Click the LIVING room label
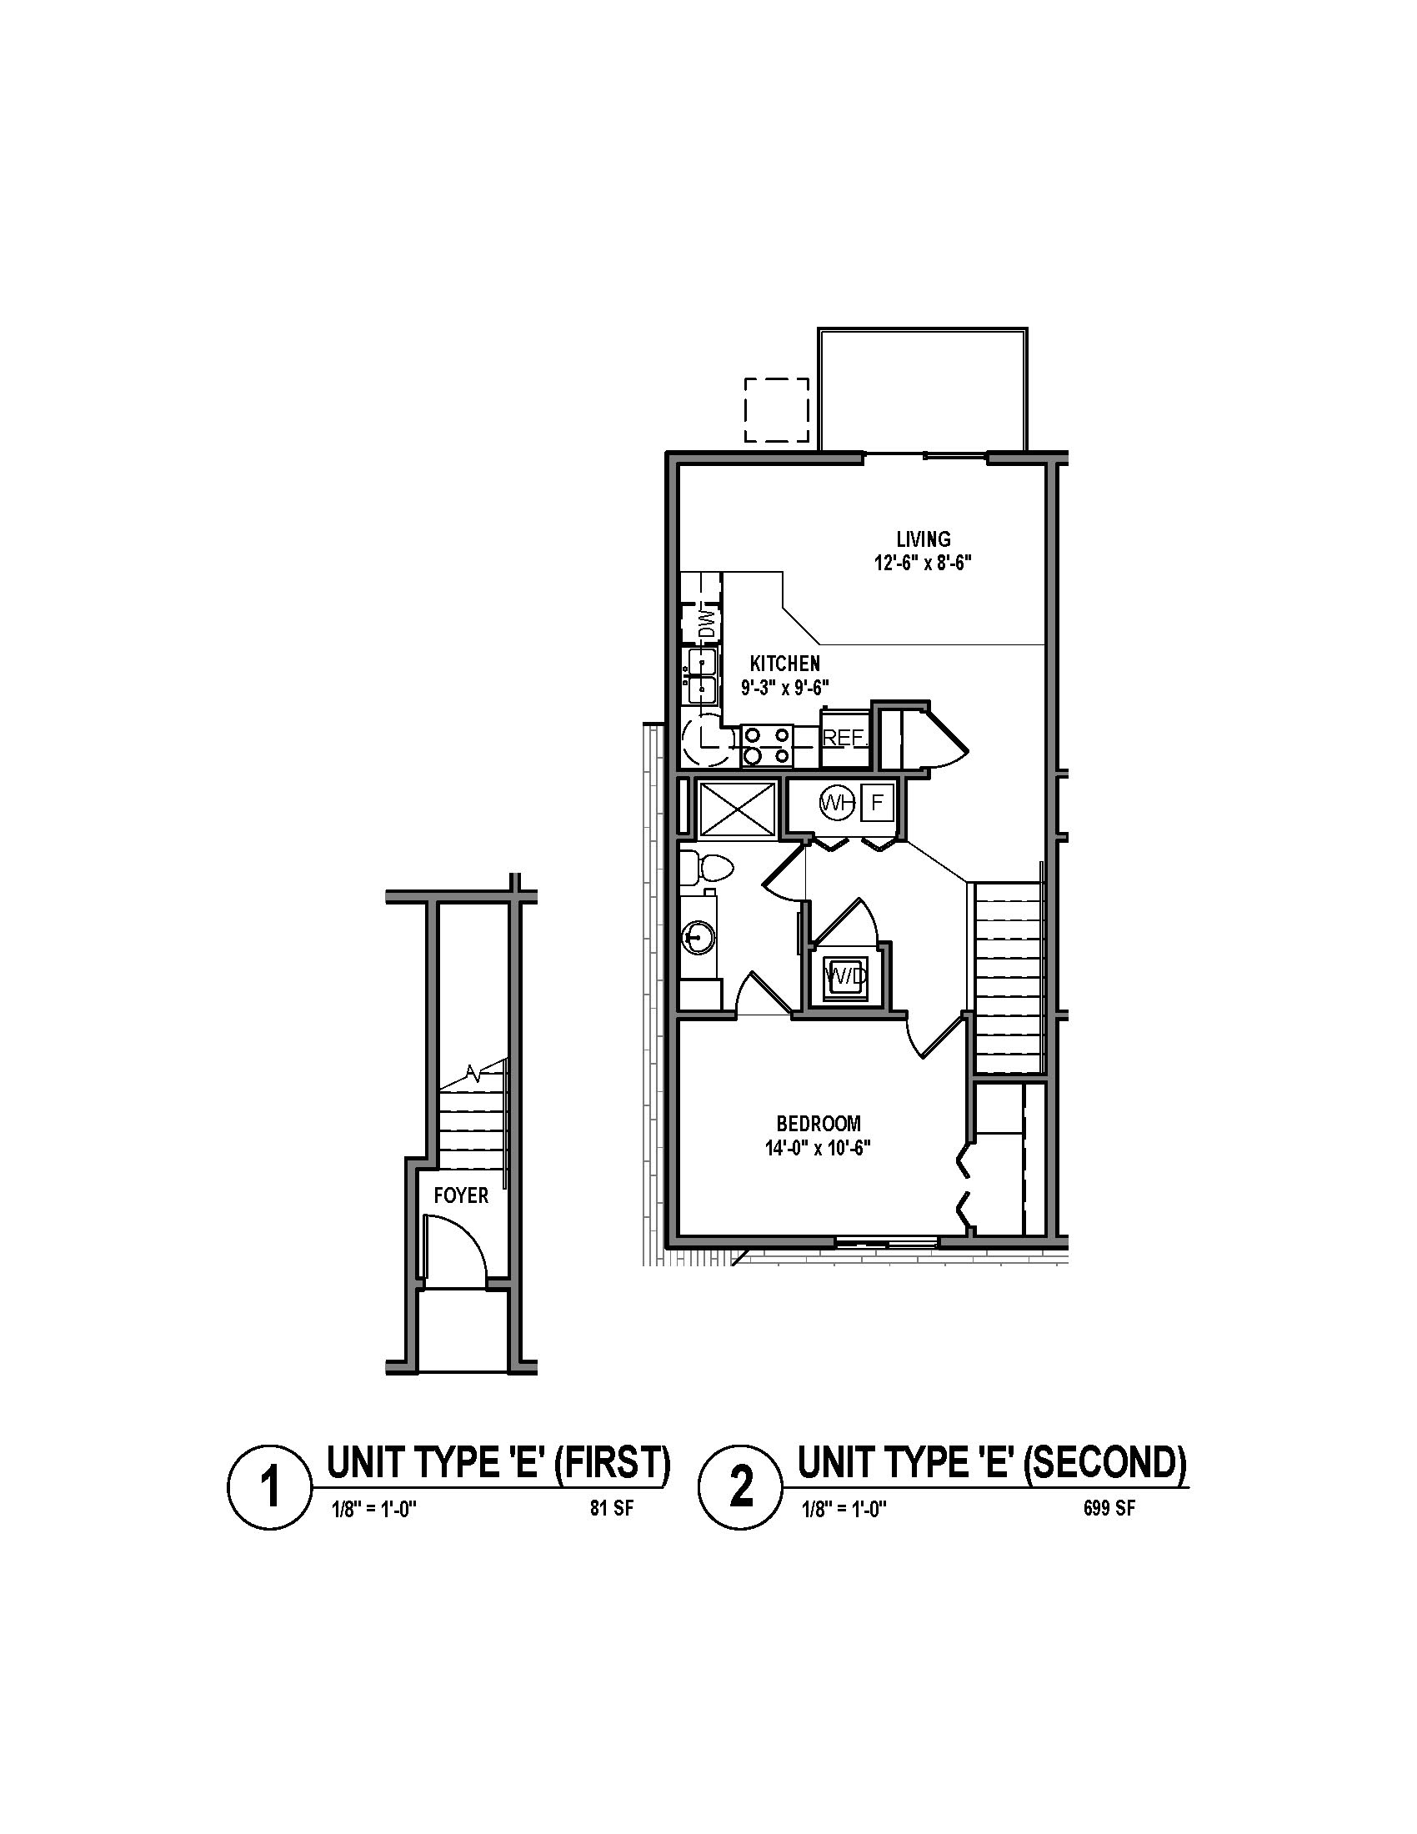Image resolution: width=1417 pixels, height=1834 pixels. [x=923, y=539]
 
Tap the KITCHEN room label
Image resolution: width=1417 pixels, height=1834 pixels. [x=785, y=664]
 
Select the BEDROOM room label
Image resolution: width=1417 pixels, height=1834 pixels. [x=819, y=1123]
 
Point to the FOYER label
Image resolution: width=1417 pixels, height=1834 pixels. [x=461, y=1195]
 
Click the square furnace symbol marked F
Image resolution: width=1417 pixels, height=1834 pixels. [x=877, y=803]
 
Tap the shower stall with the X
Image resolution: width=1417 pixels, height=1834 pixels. [x=738, y=809]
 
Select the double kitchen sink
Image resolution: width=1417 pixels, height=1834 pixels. [x=701, y=675]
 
